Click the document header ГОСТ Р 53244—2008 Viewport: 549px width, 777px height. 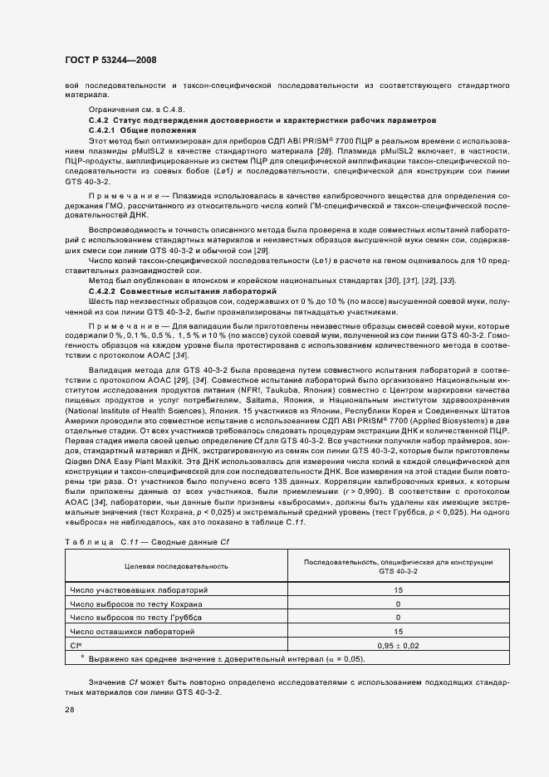(110, 60)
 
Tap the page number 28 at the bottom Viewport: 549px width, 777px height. (69, 710)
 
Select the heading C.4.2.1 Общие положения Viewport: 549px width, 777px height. (142, 131)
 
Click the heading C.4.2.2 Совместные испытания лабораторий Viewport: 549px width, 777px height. (171, 291)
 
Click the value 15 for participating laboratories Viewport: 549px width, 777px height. (399, 589)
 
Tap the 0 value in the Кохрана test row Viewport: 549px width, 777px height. (399, 604)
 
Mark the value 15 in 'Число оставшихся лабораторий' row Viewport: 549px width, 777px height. (399, 631)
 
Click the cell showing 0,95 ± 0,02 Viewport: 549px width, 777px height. (399, 645)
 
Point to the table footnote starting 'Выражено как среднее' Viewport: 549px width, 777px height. (224, 659)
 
